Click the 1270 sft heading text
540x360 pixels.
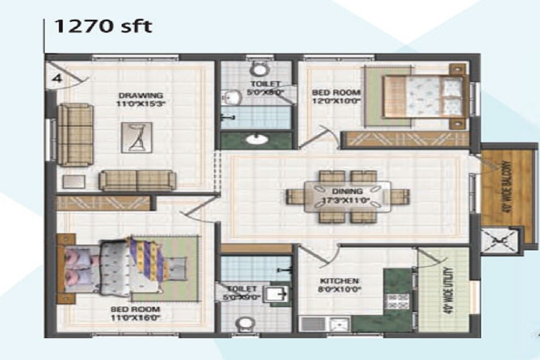tap(103, 26)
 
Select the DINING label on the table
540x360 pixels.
tap(347, 191)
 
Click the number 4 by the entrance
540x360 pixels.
tap(56, 77)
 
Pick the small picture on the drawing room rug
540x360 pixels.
tap(136, 137)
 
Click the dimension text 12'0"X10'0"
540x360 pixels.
tap(337, 100)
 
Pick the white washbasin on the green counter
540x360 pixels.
tap(255, 139)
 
